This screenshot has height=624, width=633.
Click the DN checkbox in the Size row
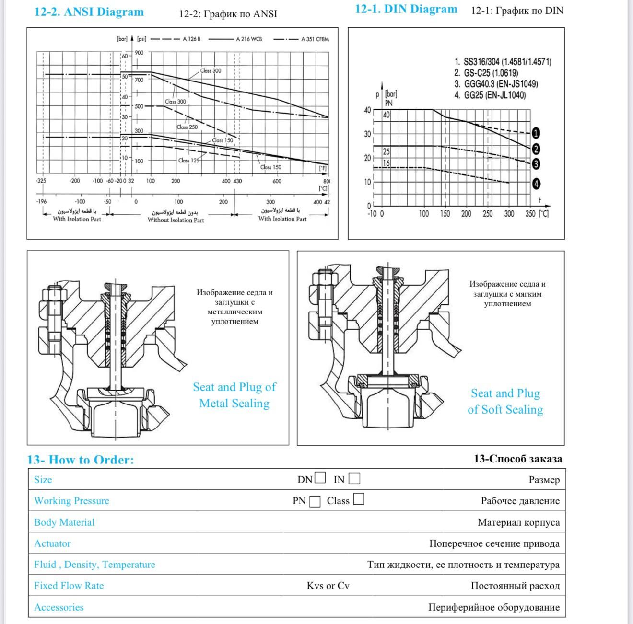point(320,478)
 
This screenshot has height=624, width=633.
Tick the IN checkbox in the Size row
point(354,478)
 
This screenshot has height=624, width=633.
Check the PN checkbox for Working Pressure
point(315,501)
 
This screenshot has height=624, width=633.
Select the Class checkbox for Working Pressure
point(359,499)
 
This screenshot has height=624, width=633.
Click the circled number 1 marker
point(536,133)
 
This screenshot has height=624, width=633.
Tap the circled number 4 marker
point(536,184)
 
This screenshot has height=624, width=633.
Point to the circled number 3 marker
point(536,164)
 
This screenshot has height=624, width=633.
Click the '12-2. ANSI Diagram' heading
point(89,12)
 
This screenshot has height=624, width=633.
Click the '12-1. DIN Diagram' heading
point(406,9)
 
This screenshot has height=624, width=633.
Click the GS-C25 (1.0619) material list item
point(486,73)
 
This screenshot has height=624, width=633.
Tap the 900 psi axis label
point(139,53)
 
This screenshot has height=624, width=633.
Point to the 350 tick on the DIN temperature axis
point(530,214)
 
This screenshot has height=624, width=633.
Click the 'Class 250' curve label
point(187,127)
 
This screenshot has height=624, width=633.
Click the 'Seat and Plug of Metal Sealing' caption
point(234,395)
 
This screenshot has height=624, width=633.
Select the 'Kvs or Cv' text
point(328,586)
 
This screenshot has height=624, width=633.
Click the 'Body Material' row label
point(64,522)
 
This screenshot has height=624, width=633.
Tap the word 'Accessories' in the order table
point(59,607)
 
